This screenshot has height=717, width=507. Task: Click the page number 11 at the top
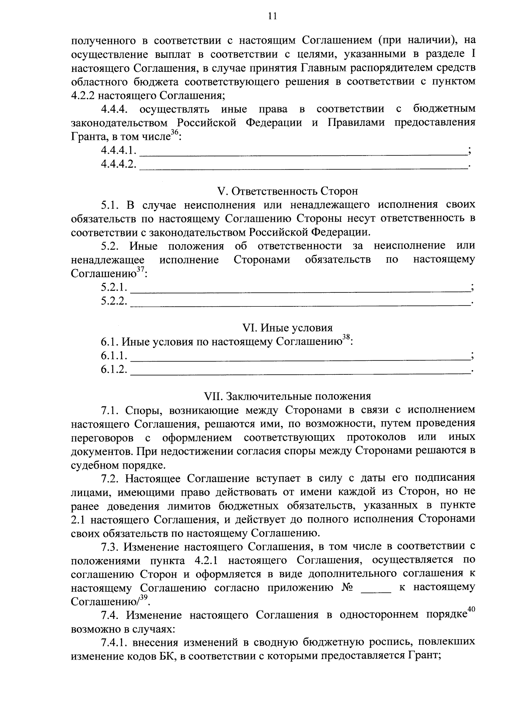click(272, 16)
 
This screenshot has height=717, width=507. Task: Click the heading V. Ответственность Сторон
click(287, 191)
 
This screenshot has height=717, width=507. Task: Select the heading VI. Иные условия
click(287, 327)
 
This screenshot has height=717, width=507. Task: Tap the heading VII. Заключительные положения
click(287, 396)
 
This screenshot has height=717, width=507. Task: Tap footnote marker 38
click(346, 338)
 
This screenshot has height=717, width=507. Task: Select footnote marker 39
click(144, 597)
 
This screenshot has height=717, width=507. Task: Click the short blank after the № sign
click(376, 589)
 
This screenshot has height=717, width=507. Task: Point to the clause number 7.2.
click(111, 478)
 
